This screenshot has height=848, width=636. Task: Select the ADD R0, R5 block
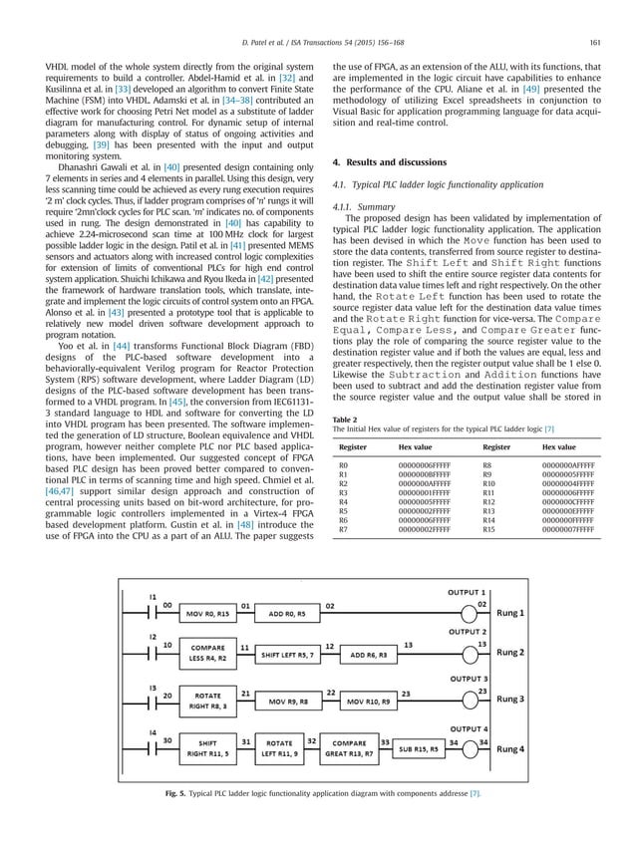288,613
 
